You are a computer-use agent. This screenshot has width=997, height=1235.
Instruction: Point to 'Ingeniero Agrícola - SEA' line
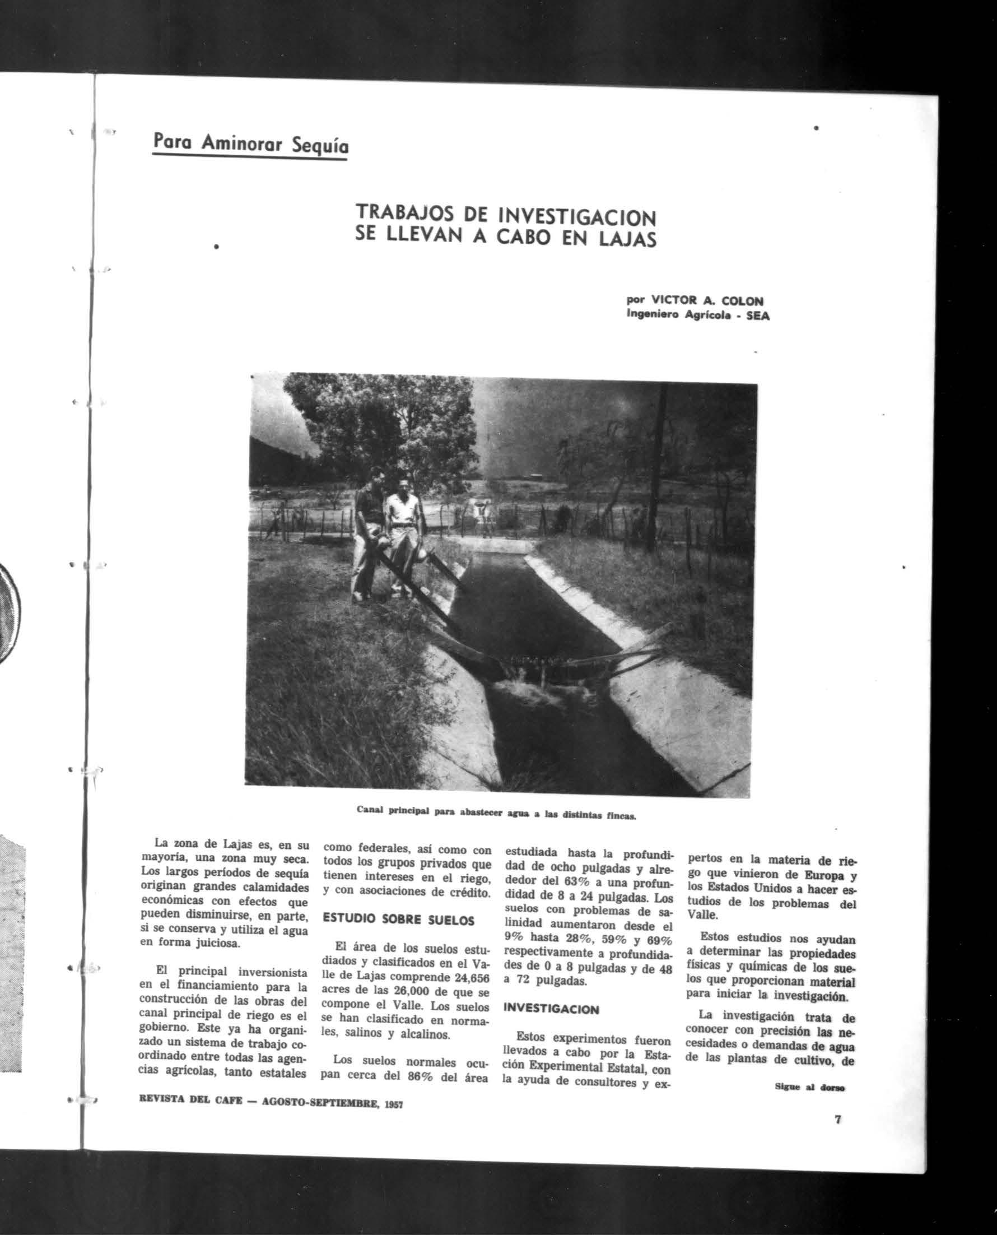[697, 315]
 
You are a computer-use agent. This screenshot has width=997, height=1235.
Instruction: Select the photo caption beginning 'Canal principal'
[496, 814]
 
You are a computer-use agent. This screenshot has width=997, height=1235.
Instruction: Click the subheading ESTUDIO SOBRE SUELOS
[399, 920]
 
